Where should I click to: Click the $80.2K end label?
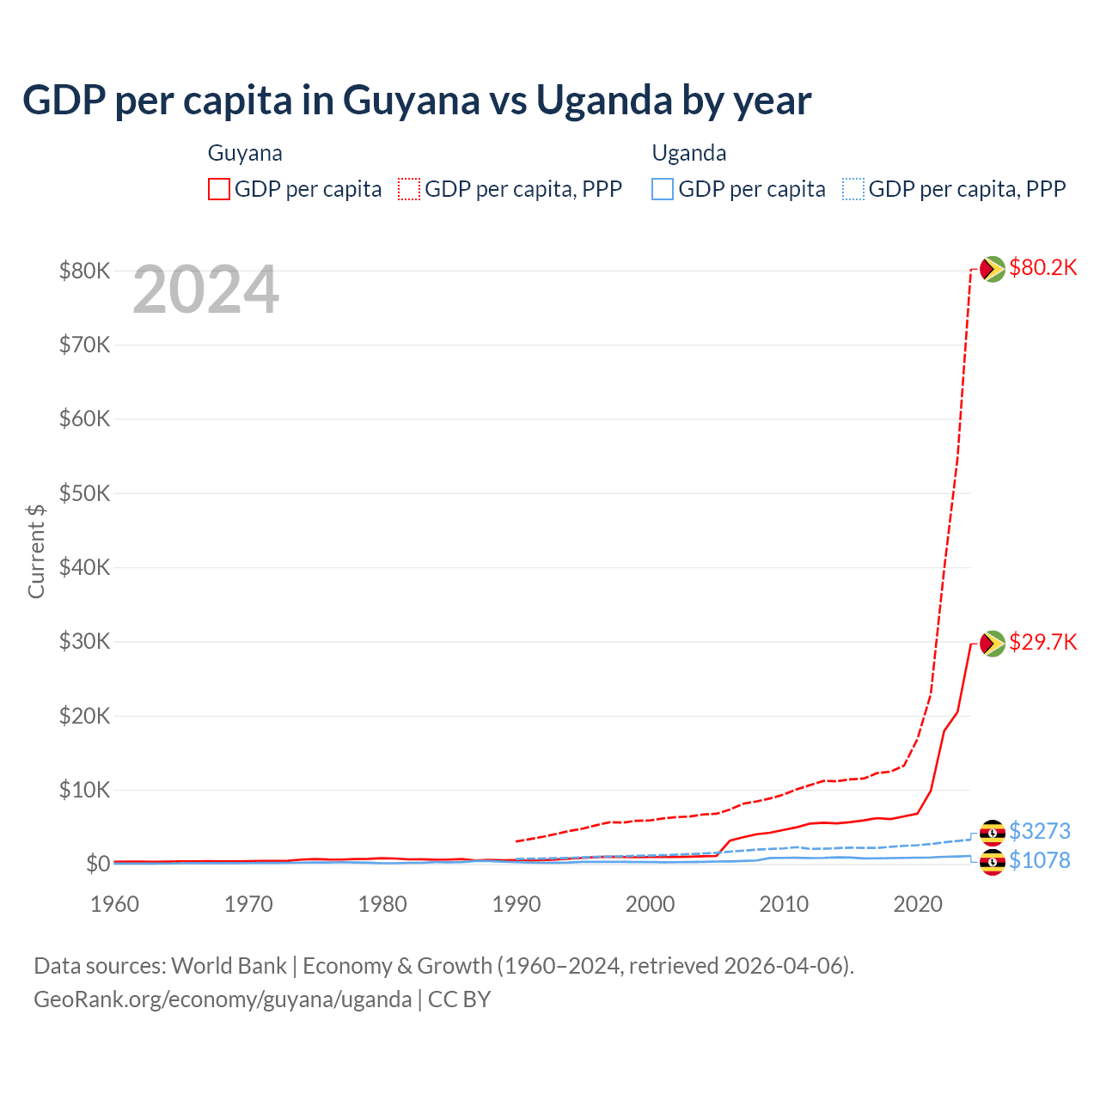pyautogui.click(x=1042, y=268)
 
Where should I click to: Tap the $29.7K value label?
pyautogui.click(x=1042, y=643)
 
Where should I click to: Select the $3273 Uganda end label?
pyautogui.click(x=1039, y=831)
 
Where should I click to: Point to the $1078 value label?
pyautogui.click(x=1039, y=860)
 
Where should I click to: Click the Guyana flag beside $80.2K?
pyautogui.click(x=993, y=269)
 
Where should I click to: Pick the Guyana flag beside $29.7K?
pyautogui.click(x=993, y=643)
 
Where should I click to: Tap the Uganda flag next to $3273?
pyautogui.click(x=993, y=832)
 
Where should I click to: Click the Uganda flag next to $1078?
pyautogui.click(x=993, y=861)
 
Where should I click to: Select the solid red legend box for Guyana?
pyautogui.click(x=219, y=189)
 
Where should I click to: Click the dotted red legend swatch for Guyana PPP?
pyautogui.click(x=409, y=189)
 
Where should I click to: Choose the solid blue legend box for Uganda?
pyautogui.click(x=663, y=189)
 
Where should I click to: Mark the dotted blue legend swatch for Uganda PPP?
pyautogui.click(x=853, y=189)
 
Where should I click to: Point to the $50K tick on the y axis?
pyautogui.click(x=84, y=493)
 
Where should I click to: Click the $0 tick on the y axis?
pyautogui.click(x=98, y=864)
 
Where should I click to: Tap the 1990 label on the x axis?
pyautogui.click(x=516, y=904)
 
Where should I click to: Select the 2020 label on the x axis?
pyautogui.click(x=918, y=904)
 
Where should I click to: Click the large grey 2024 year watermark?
pyautogui.click(x=206, y=290)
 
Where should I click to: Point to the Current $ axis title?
pyautogui.click(x=36, y=551)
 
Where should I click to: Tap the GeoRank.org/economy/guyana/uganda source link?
pyautogui.click(x=223, y=999)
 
